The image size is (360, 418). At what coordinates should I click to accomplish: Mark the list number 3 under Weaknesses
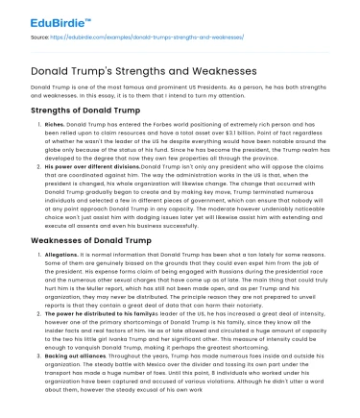[38, 382]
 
